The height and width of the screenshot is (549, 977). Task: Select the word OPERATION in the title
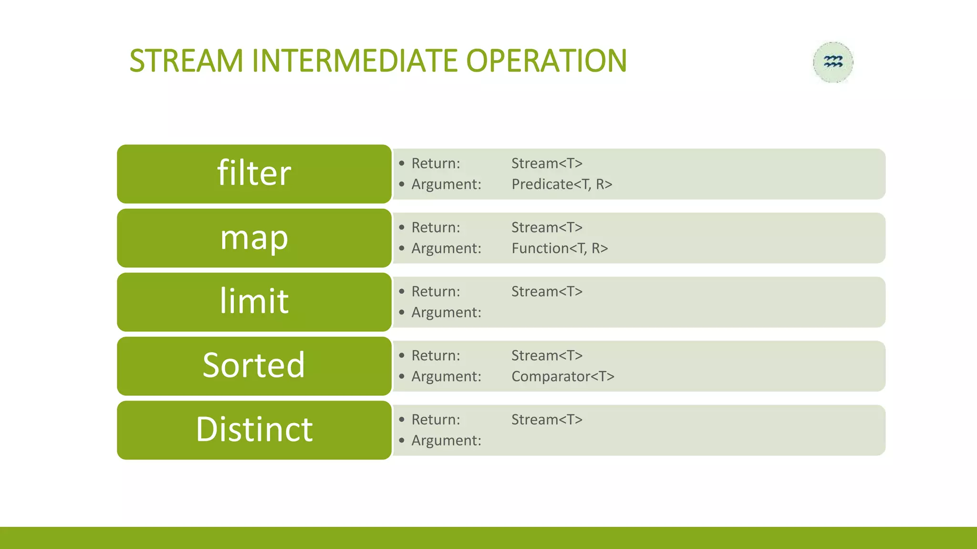(x=546, y=61)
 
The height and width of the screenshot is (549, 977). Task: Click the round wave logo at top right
(x=833, y=62)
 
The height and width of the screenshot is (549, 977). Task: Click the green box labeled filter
(x=254, y=173)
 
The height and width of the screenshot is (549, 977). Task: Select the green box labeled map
(x=254, y=238)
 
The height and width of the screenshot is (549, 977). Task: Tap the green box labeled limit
(x=254, y=302)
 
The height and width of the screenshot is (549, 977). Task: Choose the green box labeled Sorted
(x=254, y=366)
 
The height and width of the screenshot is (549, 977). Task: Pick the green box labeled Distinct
(x=254, y=430)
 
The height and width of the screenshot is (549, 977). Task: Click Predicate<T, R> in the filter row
(x=561, y=184)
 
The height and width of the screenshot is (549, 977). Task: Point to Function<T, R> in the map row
(x=560, y=248)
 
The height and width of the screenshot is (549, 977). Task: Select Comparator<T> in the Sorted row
(x=562, y=376)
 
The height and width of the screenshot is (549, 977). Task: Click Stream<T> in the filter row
(x=547, y=163)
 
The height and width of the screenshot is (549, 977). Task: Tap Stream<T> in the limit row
(x=547, y=292)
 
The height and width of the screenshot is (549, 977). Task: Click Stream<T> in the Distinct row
(x=547, y=420)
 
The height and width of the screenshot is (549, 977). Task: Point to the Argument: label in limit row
(x=446, y=313)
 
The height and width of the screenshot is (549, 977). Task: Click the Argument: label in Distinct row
(x=446, y=441)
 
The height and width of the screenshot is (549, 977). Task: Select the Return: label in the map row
(x=436, y=228)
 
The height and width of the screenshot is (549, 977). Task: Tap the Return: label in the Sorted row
(x=436, y=356)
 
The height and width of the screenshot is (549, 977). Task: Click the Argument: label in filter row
(x=446, y=184)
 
